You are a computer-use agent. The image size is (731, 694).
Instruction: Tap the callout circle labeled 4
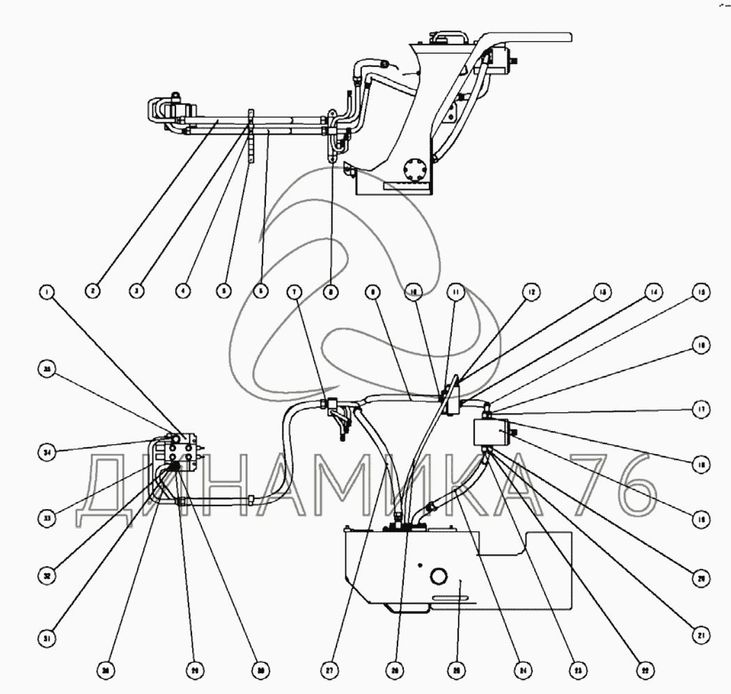(183, 293)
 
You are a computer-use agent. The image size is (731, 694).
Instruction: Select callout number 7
(297, 293)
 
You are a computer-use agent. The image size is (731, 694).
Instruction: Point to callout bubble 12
(531, 293)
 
